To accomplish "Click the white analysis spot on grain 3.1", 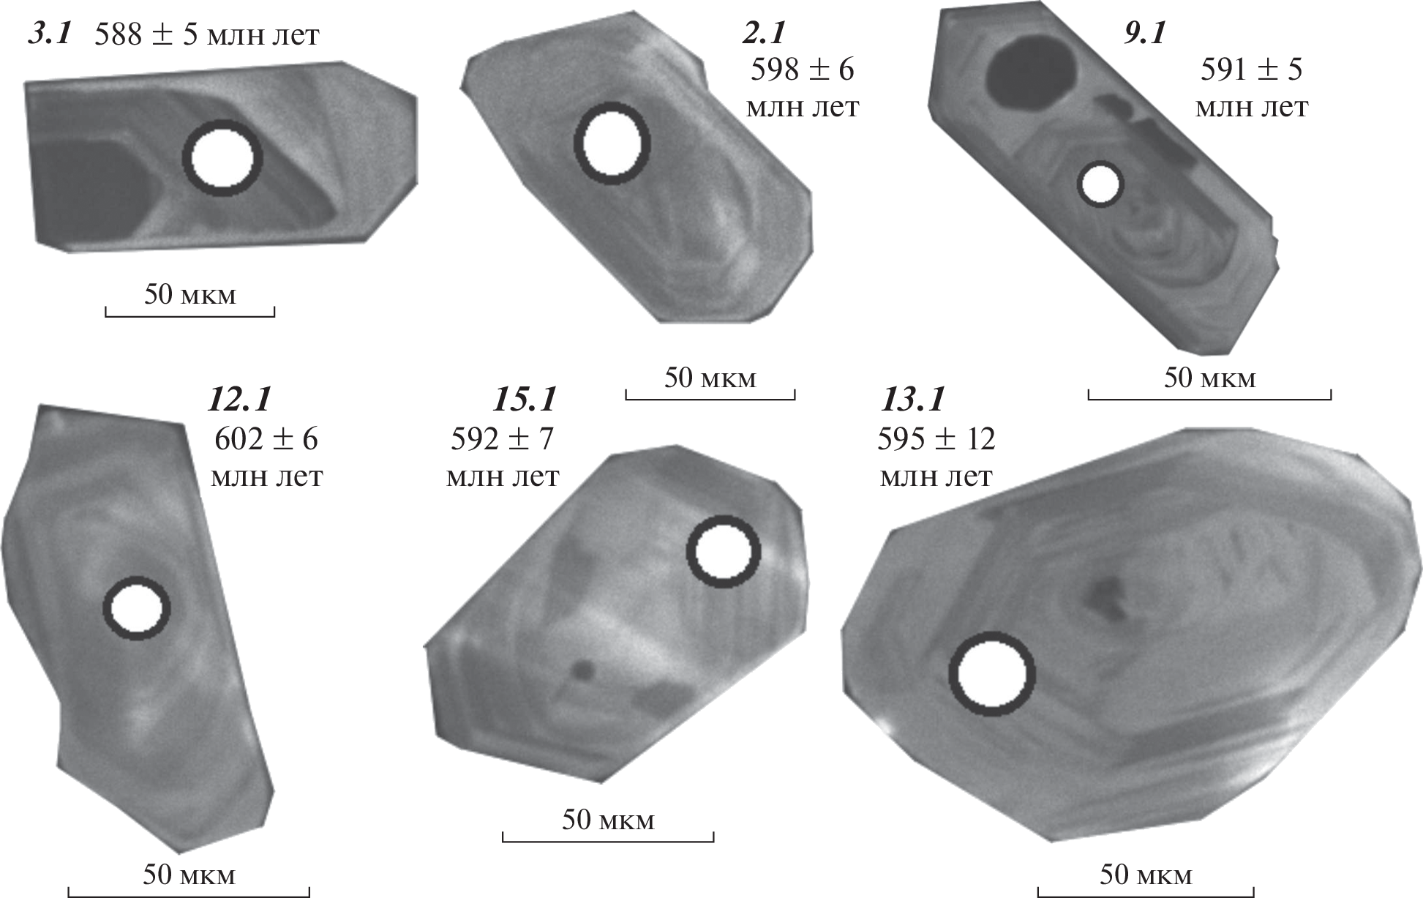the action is pos(222,158).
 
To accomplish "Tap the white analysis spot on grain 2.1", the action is pos(612,142).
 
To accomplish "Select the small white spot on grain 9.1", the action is pos(1100,184).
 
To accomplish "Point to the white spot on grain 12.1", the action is pos(136,608).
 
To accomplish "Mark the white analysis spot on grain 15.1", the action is pos(723,552).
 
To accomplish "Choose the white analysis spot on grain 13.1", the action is pos(992,673).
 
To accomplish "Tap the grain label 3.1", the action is pos(50,34).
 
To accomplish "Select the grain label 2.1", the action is pos(762,34).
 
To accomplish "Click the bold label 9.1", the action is pos(1144,34).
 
